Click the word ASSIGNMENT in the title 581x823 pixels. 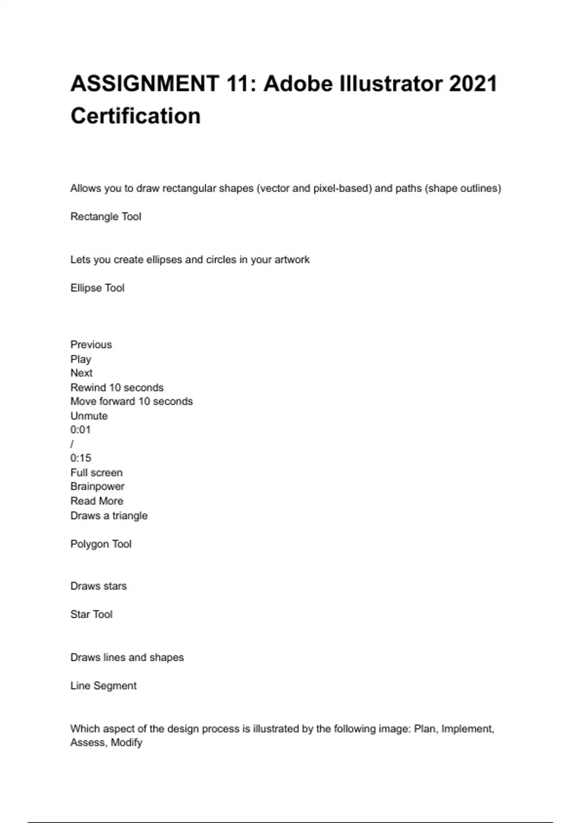click(x=145, y=84)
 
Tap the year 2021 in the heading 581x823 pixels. click(x=473, y=84)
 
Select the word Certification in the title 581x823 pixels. click(x=136, y=116)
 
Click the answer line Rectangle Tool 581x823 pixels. click(x=106, y=216)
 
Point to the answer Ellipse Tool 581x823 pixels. click(x=97, y=288)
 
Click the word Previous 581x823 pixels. click(x=91, y=345)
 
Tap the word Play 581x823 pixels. click(x=80, y=359)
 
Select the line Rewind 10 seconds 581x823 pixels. click(x=117, y=388)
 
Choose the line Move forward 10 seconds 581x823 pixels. click(x=131, y=401)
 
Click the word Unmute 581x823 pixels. click(x=89, y=416)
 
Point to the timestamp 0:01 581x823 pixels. click(x=80, y=430)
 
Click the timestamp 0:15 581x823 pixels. click(x=80, y=458)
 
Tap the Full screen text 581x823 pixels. click(x=96, y=472)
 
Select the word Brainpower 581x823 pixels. click(x=97, y=487)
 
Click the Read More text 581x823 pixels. click(x=97, y=501)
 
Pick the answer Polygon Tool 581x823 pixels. click(x=101, y=544)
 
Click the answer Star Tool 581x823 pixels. click(x=91, y=614)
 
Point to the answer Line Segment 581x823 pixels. click(x=103, y=686)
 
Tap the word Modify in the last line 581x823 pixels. click(x=126, y=743)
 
